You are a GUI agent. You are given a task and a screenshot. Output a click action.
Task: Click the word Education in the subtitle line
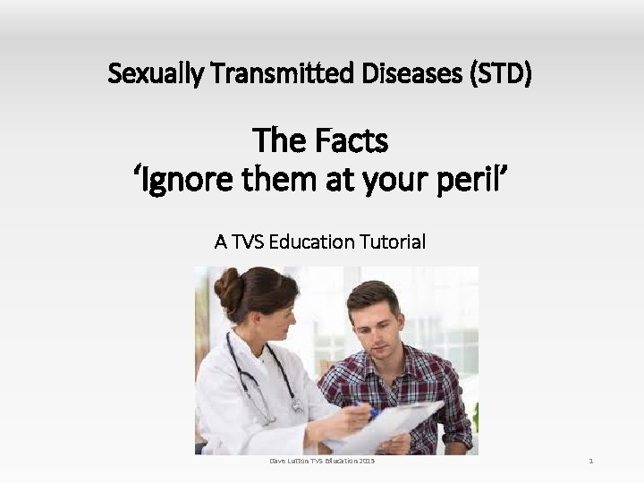(311, 241)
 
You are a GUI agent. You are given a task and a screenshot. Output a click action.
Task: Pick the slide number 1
(591, 461)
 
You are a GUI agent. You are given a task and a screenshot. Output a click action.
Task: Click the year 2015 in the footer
(363, 461)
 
